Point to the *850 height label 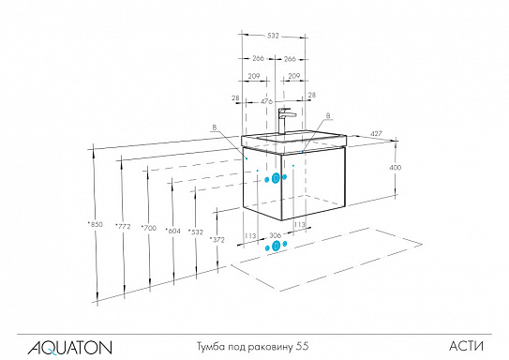pos(94,224)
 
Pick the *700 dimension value pos(147,228)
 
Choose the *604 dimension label pos(172,229)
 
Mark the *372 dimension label pos(219,241)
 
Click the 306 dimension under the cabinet pos(276,235)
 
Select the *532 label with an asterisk pos(195,231)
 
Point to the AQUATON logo pos(58,346)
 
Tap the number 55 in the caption pos(302,346)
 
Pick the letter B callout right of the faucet pos(328,118)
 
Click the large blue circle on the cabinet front pos(277,179)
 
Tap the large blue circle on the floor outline pos(276,247)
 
